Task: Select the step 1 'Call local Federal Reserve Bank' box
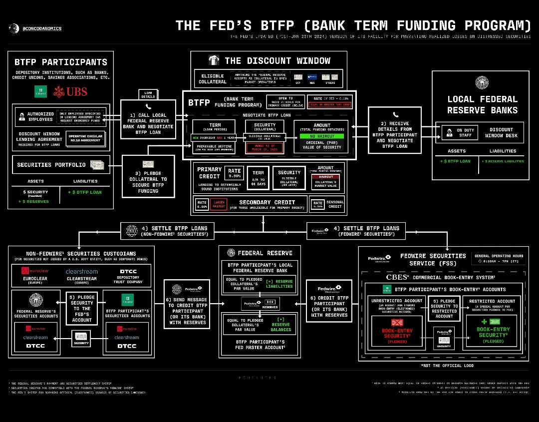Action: [148, 122]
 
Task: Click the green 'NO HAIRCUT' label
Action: [321, 135]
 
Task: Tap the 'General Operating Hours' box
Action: [499, 257]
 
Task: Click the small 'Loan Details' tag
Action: [148, 94]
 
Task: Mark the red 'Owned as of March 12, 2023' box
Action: [265, 147]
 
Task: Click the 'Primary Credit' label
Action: [209, 173]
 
